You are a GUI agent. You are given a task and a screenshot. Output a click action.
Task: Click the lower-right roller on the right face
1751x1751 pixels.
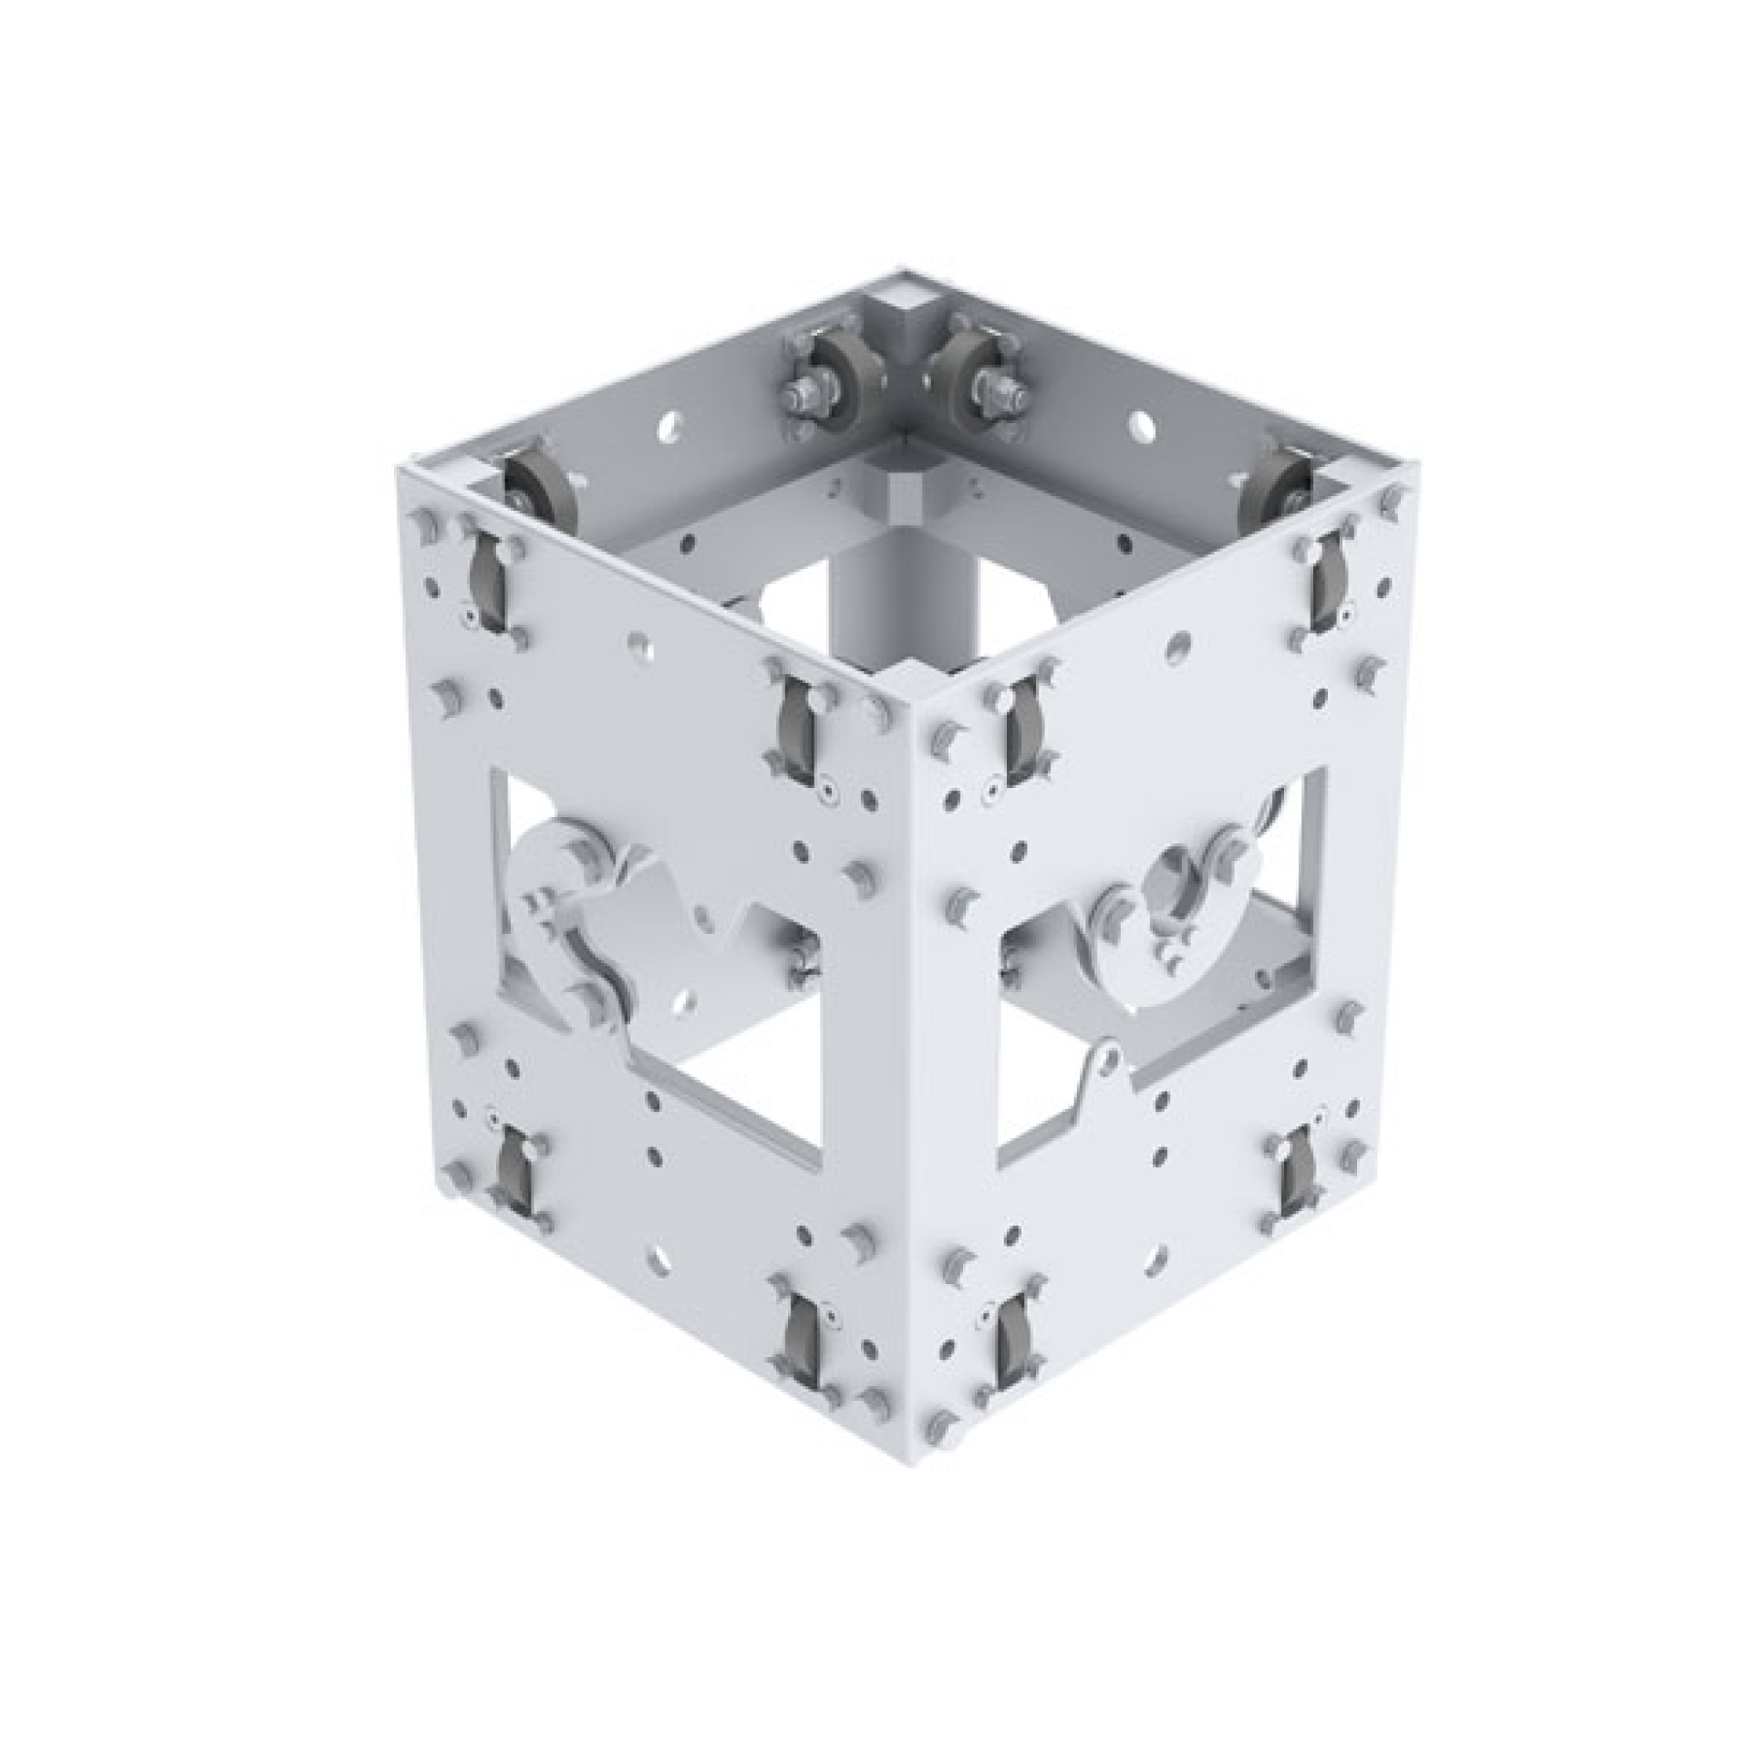[x=1295, y=1176]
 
